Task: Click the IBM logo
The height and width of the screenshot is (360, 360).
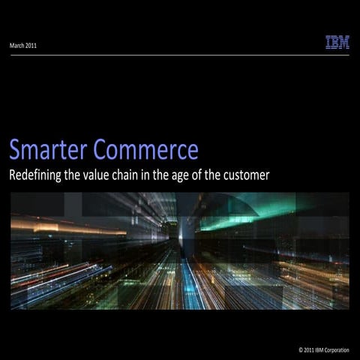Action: coord(337,43)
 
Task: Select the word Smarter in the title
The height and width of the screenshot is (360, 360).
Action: coord(48,150)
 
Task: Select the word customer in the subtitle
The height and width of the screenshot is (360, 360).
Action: coord(245,176)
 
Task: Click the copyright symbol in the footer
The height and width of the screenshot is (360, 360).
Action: coord(301,350)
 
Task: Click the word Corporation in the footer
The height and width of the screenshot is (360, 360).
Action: coord(334,350)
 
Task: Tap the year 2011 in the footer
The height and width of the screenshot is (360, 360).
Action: coord(309,350)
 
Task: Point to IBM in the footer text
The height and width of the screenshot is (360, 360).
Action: coord(320,350)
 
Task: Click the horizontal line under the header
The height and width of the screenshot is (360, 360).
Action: coord(180,55)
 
